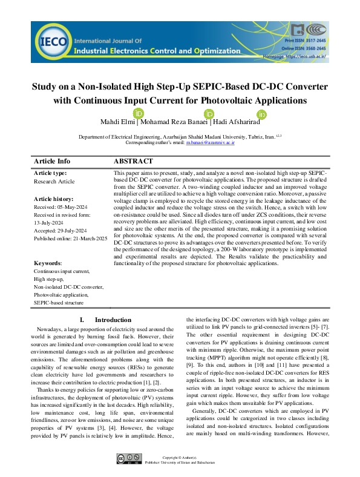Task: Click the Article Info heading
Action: click(53, 162)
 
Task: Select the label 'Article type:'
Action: click(51, 173)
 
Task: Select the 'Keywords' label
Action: click(48, 263)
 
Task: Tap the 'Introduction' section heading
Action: click(113, 320)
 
